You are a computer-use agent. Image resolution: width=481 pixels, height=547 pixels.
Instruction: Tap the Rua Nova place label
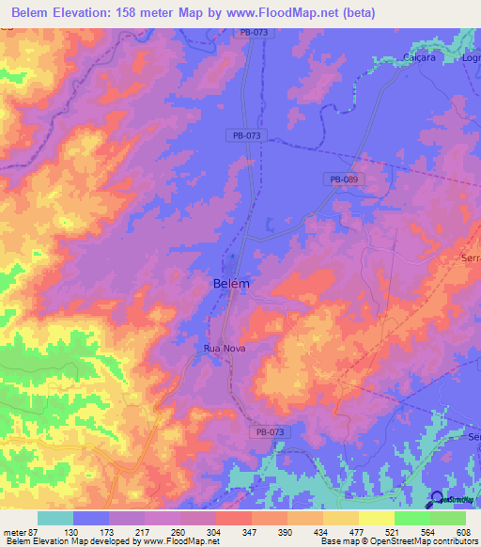[x=225, y=348]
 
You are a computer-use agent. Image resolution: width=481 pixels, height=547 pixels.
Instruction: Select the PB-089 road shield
[x=343, y=179]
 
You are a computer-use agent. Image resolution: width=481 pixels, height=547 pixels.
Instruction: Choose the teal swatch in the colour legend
[x=55, y=519]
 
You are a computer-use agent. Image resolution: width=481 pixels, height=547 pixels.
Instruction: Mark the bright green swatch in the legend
[x=412, y=519]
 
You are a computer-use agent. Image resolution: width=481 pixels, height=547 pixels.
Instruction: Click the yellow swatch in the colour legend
[x=377, y=519]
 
